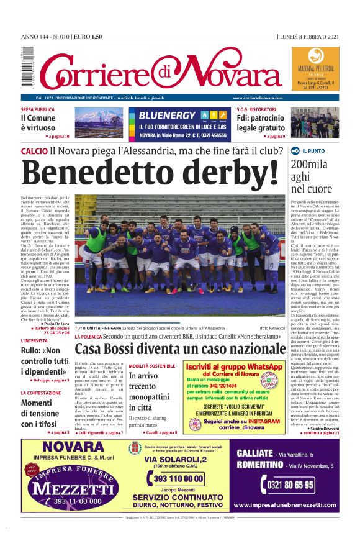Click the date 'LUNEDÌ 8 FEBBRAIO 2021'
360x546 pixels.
(x=309, y=37)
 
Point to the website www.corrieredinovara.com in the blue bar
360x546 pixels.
(x=260, y=98)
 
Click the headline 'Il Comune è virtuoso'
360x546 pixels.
(x=38, y=122)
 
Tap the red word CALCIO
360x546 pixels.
(x=34, y=151)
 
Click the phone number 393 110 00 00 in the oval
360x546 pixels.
(x=178, y=479)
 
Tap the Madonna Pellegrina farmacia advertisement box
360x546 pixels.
(x=315, y=68)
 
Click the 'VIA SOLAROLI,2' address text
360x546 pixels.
(x=178, y=459)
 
